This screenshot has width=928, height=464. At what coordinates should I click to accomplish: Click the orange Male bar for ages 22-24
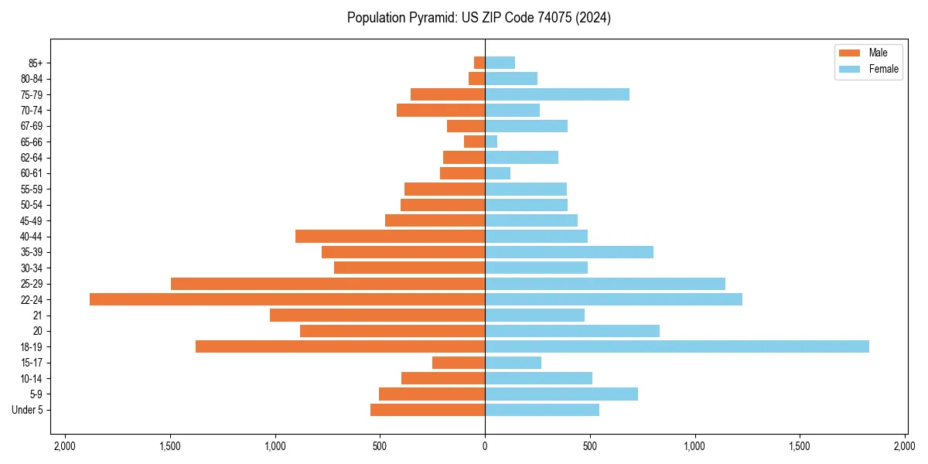[287, 299]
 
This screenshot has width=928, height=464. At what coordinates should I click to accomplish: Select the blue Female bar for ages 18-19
[677, 346]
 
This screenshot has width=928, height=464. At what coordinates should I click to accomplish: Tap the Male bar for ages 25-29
[328, 284]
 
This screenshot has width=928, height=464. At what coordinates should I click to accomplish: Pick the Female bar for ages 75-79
[557, 94]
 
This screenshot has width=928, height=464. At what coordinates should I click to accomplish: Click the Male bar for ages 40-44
[390, 236]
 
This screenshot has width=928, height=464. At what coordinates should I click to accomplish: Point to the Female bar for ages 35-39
[569, 252]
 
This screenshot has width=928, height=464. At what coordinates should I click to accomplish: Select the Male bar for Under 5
[428, 410]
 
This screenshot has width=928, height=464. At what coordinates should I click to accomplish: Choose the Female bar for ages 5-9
[561, 394]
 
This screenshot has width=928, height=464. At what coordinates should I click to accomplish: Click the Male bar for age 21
[377, 315]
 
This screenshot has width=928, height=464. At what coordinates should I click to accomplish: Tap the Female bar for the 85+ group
[500, 63]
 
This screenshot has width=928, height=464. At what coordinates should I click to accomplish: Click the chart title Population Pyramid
[479, 18]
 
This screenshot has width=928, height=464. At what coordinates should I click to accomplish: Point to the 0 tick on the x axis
[485, 446]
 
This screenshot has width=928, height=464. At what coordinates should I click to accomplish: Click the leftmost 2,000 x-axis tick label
[65, 446]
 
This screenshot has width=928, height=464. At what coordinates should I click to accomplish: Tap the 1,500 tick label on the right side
[800, 446]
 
